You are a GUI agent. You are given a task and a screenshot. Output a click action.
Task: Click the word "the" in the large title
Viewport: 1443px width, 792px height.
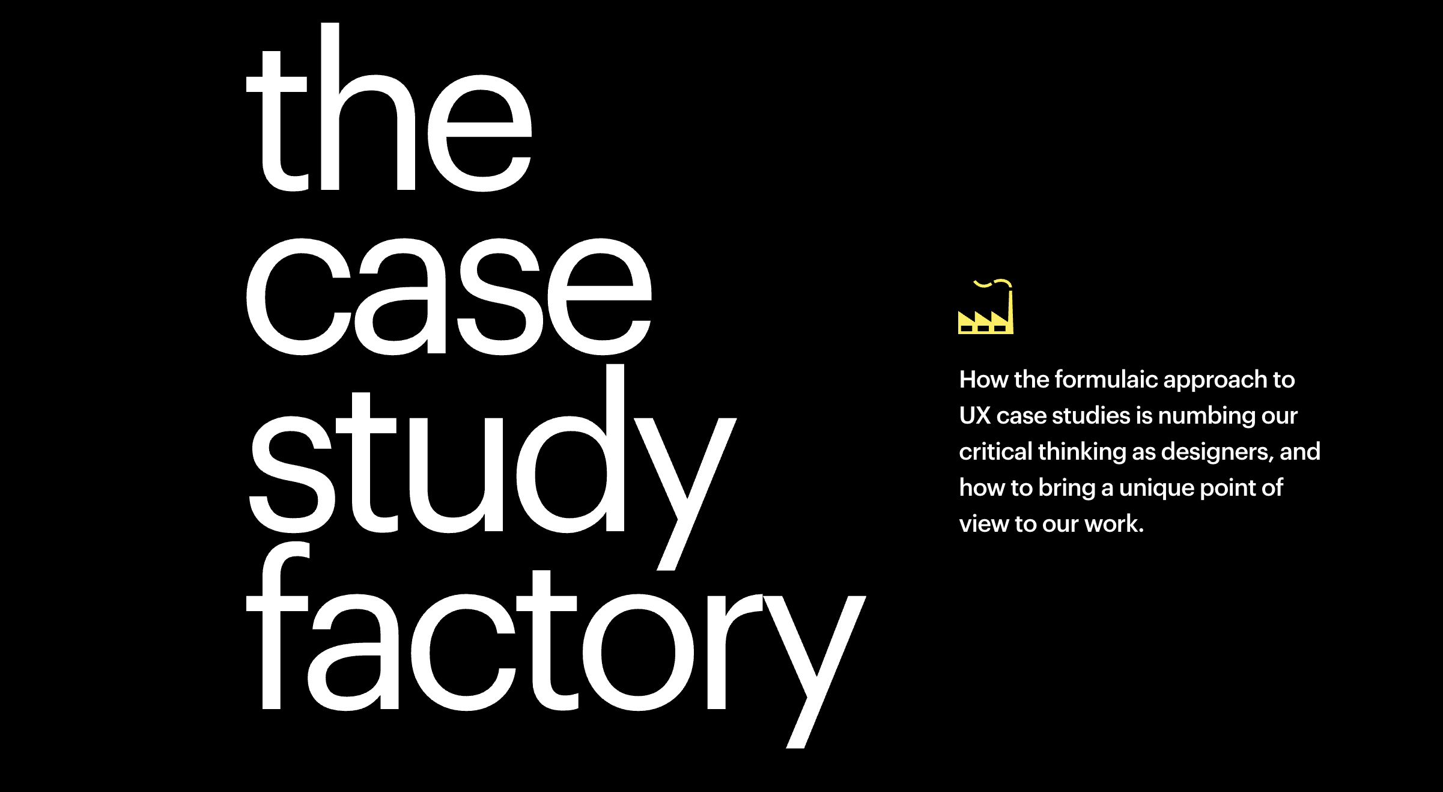tap(389, 107)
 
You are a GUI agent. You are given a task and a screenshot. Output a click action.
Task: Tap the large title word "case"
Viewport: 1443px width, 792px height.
tap(449, 296)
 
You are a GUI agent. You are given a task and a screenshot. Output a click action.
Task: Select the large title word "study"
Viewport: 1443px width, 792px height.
tap(493, 467)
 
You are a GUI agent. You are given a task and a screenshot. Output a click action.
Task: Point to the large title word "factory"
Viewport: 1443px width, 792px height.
tap(556, 644)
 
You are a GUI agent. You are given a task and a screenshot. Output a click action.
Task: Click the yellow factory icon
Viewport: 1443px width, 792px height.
tap(985, 307)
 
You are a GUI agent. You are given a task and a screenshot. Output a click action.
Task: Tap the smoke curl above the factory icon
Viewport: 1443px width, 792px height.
tap(992, 283)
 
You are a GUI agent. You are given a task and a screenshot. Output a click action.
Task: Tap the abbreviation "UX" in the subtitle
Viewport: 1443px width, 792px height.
tap(974, 416)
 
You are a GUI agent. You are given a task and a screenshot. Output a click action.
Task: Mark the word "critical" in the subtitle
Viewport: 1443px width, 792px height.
tap(995, 452)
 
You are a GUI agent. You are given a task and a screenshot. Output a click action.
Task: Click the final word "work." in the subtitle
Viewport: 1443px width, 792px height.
tap(1114, 524)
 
